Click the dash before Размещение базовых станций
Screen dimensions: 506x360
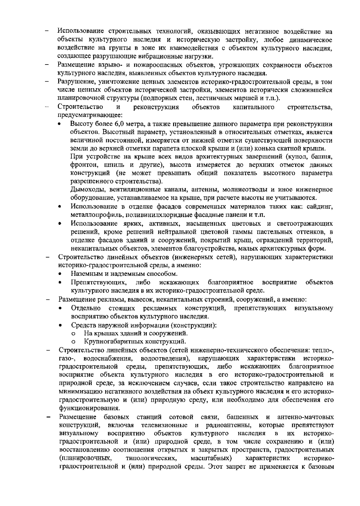47,417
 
